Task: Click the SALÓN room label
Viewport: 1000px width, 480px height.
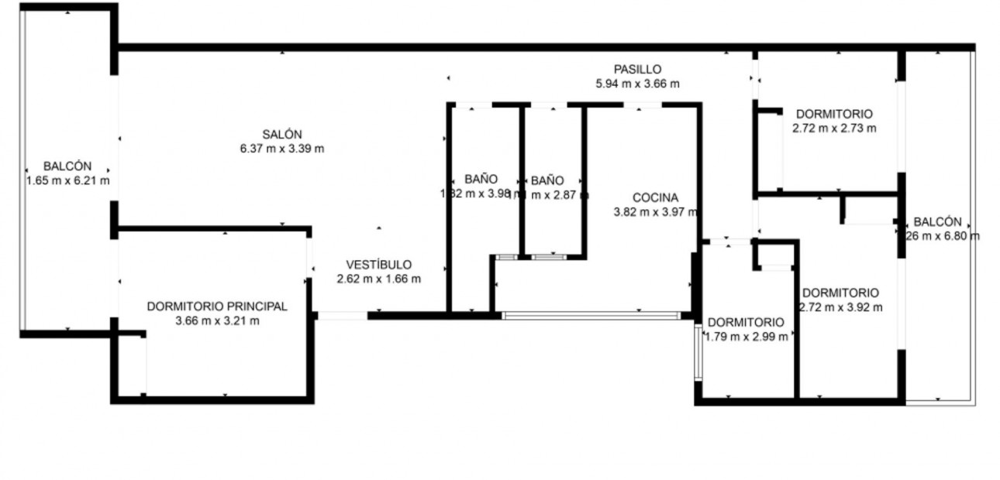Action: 281,134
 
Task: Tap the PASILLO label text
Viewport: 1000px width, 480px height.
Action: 637,70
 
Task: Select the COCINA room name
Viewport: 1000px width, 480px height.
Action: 655,197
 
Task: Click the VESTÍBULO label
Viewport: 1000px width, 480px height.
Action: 379,265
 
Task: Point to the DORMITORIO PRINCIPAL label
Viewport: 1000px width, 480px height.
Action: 217,307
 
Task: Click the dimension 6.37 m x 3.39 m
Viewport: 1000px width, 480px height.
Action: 281,149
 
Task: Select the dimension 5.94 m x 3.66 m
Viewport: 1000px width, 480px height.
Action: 637,84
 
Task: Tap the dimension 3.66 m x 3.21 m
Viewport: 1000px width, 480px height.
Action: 217,321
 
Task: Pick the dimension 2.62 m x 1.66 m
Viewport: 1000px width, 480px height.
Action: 379,279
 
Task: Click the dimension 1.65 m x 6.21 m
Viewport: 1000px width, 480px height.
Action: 67,180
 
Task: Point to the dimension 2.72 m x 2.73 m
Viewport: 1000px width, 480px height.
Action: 834,128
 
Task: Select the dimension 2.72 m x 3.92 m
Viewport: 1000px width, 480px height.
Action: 840,307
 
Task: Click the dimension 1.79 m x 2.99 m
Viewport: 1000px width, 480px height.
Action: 746,336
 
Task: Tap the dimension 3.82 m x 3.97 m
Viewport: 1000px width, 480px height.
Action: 655,211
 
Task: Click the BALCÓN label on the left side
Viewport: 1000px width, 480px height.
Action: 67,166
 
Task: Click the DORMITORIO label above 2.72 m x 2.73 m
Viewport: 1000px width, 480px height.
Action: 834,114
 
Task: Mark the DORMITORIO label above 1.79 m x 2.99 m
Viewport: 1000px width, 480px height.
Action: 746,322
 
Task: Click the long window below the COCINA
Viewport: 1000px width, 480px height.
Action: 591,315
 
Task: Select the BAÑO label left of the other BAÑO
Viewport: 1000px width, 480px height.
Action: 481,180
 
